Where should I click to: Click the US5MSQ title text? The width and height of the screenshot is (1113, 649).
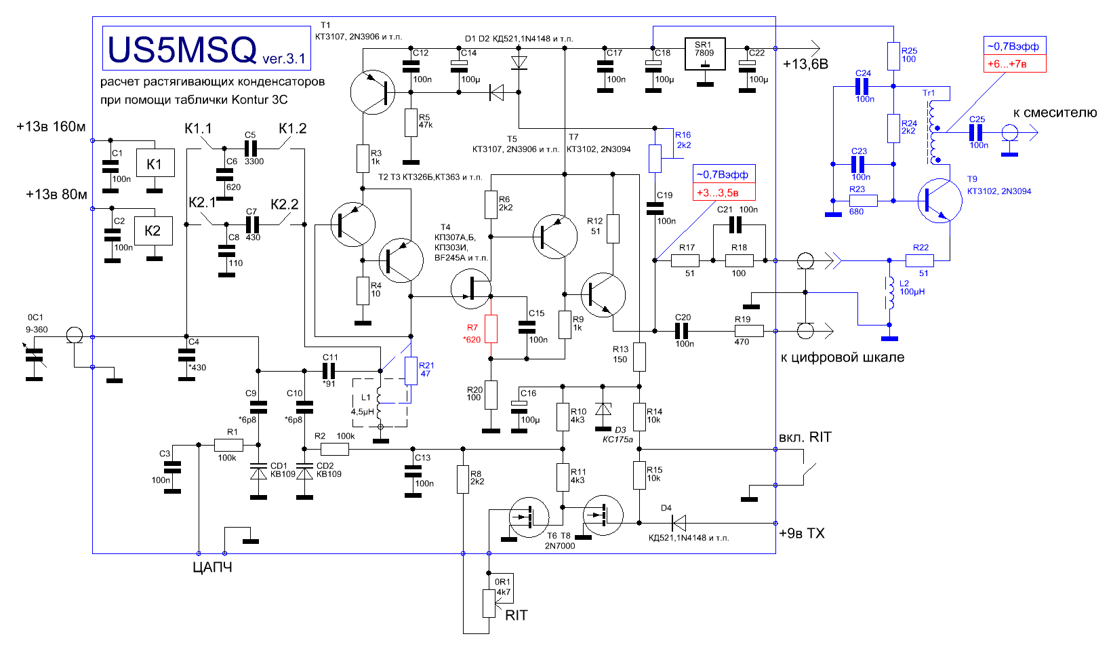pyautogui.click(x=182, y=50)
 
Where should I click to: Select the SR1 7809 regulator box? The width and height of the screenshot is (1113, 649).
pyautogui.click(x=704, y=54)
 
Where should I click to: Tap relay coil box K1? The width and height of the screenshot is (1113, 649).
pyautogui.click(x=155, y=163)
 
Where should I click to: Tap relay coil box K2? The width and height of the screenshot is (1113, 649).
pyautogui.click(x=154, y=231)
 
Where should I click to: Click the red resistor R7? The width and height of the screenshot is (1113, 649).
pyautogui.click(x=491, y=328)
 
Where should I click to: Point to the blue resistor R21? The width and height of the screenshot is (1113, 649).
pyautogui.click(x=411, y=371)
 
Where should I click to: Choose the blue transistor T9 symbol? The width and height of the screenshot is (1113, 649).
pyautogui.click(x=939, y=201)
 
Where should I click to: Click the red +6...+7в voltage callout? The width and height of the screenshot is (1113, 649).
pyautogui.click(x=1015, y=64)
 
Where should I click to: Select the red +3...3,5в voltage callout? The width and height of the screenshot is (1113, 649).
pyautogui.click(x=724, y=192)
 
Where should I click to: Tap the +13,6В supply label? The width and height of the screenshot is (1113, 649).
pyautogui.click(x=805, y=64)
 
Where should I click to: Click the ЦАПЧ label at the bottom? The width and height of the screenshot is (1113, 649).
pyautogui.click(x=212, y=568)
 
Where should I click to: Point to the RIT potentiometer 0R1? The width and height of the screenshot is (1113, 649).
pyautogui.click(x=489, y=604)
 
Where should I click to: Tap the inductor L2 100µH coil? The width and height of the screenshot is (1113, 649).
pyautogui.click(x=889, y=293)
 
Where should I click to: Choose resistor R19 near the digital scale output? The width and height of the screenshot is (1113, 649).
pyautogui.click(x=749, y=331)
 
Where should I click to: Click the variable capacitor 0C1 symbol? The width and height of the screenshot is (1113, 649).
pyautogui.click(x=35, y=356)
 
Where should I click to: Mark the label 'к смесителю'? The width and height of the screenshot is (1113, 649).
pyautogui.click(x=1055, y=113)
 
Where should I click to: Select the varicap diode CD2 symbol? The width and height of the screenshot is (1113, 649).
pyautogui.click(x=304, y=473)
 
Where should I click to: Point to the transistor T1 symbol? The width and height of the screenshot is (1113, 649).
pyautogui.click(x=373, y=92)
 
